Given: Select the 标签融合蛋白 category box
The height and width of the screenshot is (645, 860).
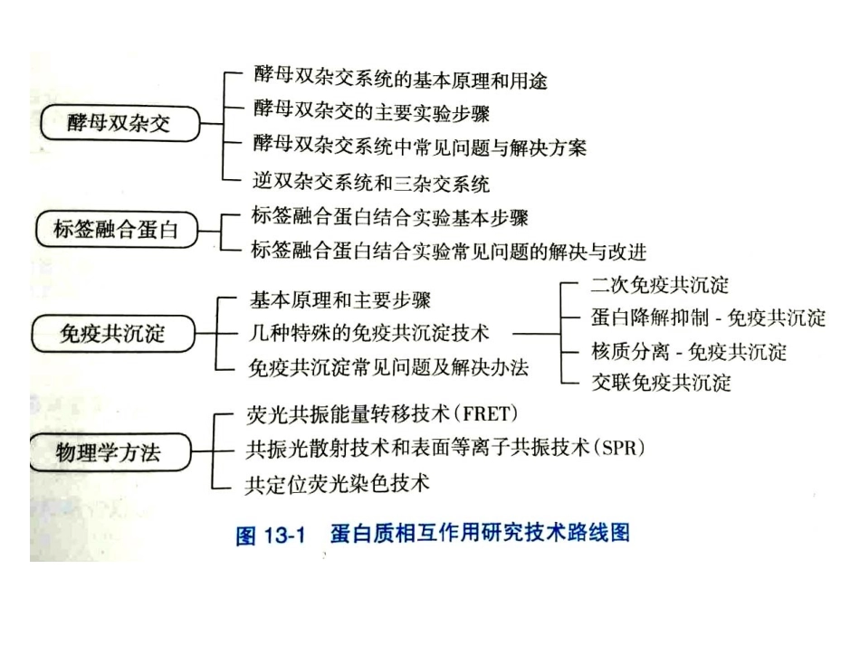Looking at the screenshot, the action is pyautogui.click(x=115, y=230).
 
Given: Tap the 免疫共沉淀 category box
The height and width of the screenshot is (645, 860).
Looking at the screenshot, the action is pyautogui.click(x=112, y=333).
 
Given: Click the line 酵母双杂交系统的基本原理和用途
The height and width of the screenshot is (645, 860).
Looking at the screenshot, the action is pyautogui.click(x=399, y=81).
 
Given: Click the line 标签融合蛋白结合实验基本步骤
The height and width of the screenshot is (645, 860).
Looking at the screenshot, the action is pyautogui.click(x=388, y=218).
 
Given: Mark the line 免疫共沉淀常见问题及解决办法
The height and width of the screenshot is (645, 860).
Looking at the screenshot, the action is pyautogui.click(x=388, y=367).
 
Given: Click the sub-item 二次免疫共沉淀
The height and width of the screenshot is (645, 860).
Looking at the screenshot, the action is pyautogui.click(x=660, y=286).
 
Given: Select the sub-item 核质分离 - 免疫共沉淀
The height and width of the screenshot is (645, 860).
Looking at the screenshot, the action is pyautogui.click(x=688, y=351).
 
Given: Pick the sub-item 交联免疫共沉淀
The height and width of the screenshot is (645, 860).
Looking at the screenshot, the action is pyautogui.click(x=660, y=383).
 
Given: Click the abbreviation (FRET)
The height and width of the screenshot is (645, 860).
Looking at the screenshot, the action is pyautogui.click(x=489, y=415).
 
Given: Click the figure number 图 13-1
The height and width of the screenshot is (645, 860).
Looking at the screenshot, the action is pyautogui.click(x=268, y=536).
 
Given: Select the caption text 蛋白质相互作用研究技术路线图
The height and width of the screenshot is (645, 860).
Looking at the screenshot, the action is pyautogui.click(x=480, y=534).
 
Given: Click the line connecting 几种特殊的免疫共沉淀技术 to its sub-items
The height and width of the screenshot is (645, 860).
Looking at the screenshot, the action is pyautogui.click(x=536, y=333).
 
